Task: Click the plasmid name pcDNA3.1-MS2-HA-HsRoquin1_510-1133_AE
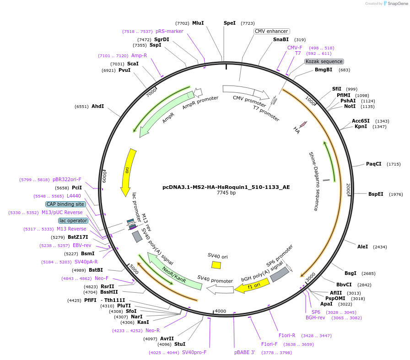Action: tap(226, 187)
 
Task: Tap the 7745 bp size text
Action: tap(226, 193)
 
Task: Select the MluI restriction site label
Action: tap(198, 23)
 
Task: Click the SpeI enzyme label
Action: tap(229, 23)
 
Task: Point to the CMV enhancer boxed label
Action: tap(272, 32)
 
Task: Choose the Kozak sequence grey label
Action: tap(324, 61)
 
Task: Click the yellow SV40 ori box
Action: tap(216, 265)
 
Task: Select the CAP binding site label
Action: tap(65, 204)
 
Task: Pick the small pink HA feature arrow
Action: tap(303, 124)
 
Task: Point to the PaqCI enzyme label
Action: tap(373, 164)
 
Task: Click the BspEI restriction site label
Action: tap(376, 194)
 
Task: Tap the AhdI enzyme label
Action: tap(97, 106)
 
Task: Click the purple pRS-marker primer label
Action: tap(169, 31)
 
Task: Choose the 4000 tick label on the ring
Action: tap(221, 311)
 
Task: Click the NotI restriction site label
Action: tap(350, 107)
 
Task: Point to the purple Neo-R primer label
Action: tap(152, 330)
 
